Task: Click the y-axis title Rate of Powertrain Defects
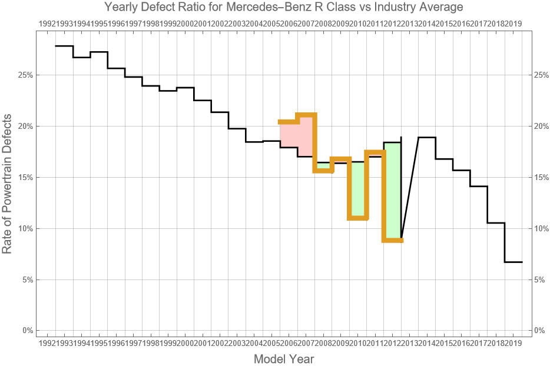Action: click(8, 192)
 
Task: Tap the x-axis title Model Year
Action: click(284, 359)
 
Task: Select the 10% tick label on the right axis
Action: click(541, 228)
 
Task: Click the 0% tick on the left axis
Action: click(26, 331)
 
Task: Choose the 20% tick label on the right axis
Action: click(541, 127)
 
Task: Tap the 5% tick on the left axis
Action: click(26, 280)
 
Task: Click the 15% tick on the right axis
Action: click(541, 178)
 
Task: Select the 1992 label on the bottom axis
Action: click(47, 342)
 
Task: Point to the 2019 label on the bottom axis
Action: click(513, 342)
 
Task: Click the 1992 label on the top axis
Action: click(47, 24)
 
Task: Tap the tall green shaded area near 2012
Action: click(393, 188)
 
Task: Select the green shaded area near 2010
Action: click(358, 188)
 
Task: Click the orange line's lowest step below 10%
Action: click(393, 239)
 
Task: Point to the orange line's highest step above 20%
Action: click(307, 115)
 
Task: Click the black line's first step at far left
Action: click(64, 46)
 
